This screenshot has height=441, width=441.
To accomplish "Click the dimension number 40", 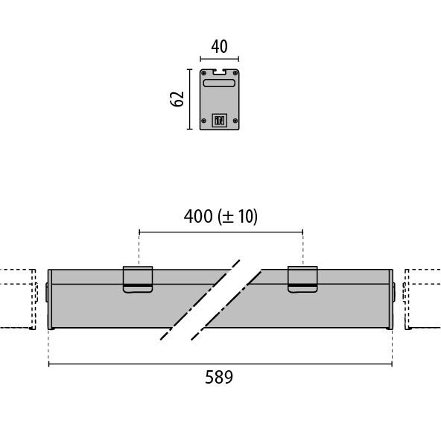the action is coord(219,47).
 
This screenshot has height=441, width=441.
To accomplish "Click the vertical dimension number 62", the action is coord(177,99).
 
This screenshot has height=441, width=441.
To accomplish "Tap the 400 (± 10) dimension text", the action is coord(220,216).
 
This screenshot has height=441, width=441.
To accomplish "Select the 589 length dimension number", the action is coord(219,377).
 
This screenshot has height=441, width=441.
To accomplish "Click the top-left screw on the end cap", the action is coord(204,73).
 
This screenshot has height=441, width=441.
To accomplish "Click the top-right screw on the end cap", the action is coord(235,73).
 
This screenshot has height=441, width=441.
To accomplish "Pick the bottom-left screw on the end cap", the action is coord(204,121).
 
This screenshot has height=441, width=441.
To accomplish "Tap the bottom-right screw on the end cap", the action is coord(235,121).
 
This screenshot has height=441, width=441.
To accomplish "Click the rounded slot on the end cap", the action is coord(219,83).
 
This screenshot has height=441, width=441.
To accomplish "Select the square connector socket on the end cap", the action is coord(219,121).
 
